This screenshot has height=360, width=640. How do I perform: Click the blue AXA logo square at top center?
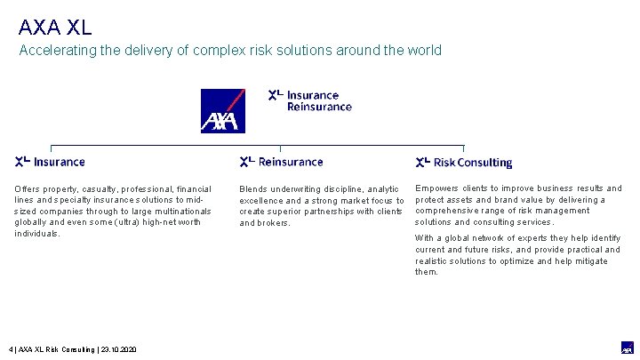222,110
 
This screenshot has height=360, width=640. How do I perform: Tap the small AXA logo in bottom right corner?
627,348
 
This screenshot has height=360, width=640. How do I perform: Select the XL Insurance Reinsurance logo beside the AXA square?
310,100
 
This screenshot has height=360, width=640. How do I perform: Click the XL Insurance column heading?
50,162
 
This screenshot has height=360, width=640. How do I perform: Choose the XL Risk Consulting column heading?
463,163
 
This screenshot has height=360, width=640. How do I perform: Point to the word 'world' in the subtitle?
423,51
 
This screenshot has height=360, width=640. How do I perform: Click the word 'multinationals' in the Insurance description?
181,212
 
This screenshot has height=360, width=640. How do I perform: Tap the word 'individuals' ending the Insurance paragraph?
36,234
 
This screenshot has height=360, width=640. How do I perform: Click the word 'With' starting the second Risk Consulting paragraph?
424,238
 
